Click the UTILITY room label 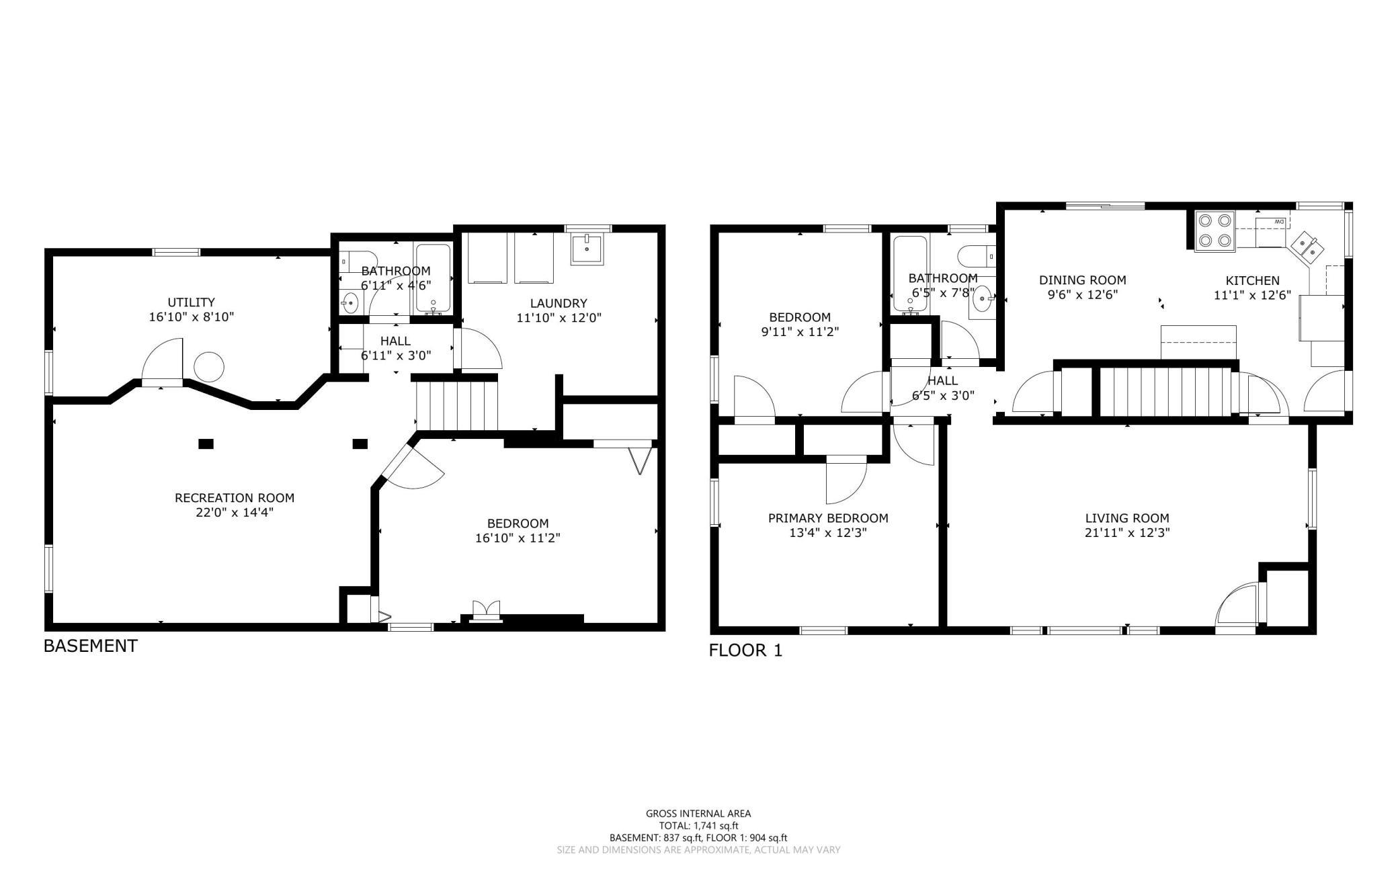click(192, 302)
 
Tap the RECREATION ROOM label click(235, 498)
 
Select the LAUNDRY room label click(559, 303)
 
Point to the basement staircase click(457, 405)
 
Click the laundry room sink click(588, 249)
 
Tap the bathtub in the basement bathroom click(432, 278)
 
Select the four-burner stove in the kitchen click(1215, 231)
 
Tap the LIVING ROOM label click(1127, 518)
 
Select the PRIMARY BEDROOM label click(828, 518)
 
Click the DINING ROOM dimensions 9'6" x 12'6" click(1082, 294)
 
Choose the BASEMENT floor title click(91, 646)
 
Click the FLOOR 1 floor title click(746, 651)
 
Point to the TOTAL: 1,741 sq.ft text click(698, 826)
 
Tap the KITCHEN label click(1253, 281)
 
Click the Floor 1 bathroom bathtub click(911, 274)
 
